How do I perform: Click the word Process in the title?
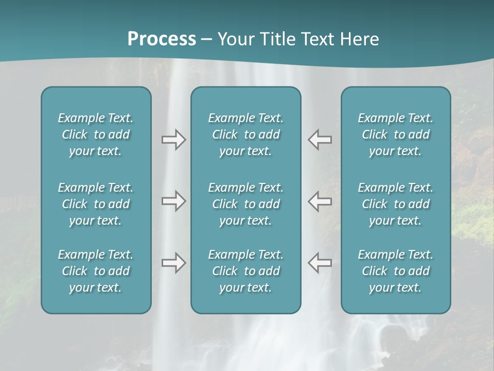coord(162,39)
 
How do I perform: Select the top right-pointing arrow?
coord(173,140)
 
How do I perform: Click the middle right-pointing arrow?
coord(173,201)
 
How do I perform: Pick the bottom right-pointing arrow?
coord(173,263)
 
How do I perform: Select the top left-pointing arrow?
coord(320,140)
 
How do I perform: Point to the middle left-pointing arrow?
coord(320,201)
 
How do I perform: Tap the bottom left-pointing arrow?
coord(320,263)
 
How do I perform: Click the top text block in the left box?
coord(96,134)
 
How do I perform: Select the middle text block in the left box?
coord(96,204)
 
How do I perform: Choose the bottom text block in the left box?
coord(96,271)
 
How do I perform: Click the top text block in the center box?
coord(245,134)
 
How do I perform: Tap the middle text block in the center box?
coord(245,204)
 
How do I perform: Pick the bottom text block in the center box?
coord(245,271)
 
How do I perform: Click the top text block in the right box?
coord(395,134)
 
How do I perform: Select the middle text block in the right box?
coord(395,204)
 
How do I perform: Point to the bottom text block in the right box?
coord(395,271)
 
